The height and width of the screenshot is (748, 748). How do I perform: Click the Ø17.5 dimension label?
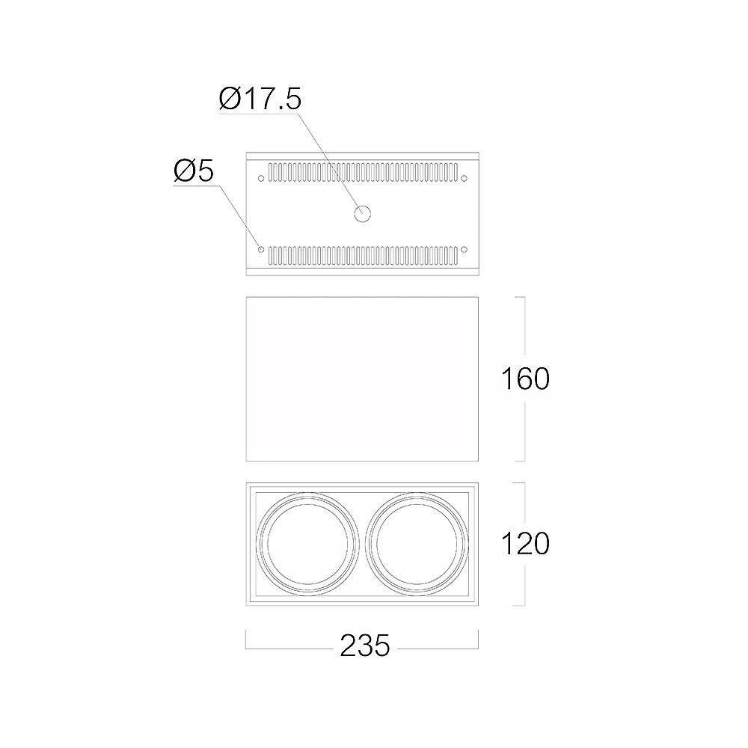pyautogui.click(x=260, y=99)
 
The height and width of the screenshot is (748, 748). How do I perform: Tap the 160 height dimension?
pyautogui.click(x=525, y=379)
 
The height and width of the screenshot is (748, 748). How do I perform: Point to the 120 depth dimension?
pyautogui.click(x=525, y=544)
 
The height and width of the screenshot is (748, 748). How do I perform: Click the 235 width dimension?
pyautogui.click(x=365, y=646)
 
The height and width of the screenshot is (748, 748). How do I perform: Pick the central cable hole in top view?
pyautogui.click(x=363, y=214)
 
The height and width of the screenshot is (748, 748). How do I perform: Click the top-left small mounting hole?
pyautogui.click(x=260, y=179)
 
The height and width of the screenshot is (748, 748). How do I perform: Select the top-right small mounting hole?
pyautogui.click(x=465, y=179)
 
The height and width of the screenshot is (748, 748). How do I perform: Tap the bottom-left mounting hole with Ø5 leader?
pyautogui.click(x=260, y=250)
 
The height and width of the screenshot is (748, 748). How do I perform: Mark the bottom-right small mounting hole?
pyautogui.click(x=465, y=250)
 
